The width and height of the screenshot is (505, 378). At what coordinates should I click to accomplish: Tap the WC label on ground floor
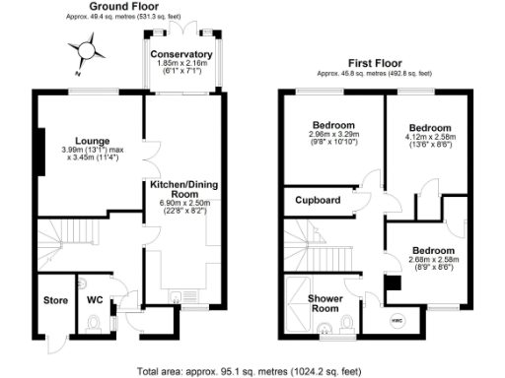[x=96, y=299]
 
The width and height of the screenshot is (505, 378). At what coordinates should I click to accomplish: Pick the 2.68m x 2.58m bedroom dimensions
[x=433, y=263]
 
